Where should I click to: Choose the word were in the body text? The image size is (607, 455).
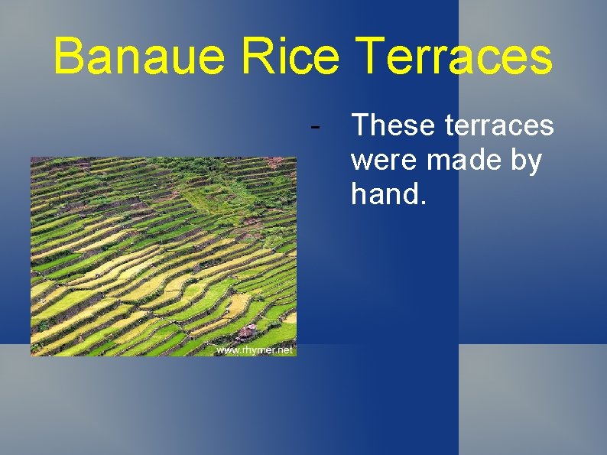[384, 161]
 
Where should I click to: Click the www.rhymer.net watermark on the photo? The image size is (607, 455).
[255, 349]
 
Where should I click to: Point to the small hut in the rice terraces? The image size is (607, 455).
[247, 332]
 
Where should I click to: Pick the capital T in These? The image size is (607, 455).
[359, 125]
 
